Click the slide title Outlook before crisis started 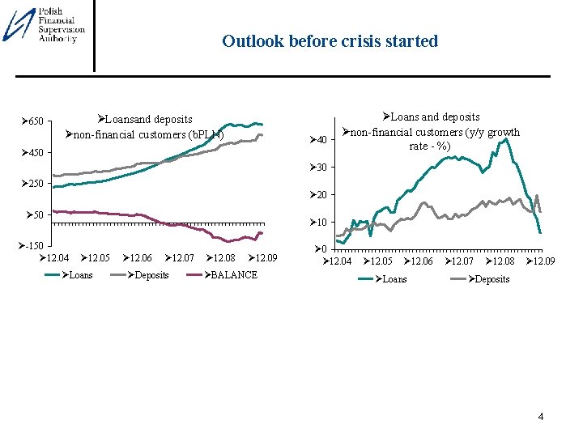[x=330, y=41]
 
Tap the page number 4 [x=541, y=417]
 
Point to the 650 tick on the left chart [x=32, y=121]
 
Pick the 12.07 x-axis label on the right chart [x=460, y=262]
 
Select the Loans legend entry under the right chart [x=391, y=279]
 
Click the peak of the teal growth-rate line [x=507, y=139]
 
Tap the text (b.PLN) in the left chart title [x=205, y=134]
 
